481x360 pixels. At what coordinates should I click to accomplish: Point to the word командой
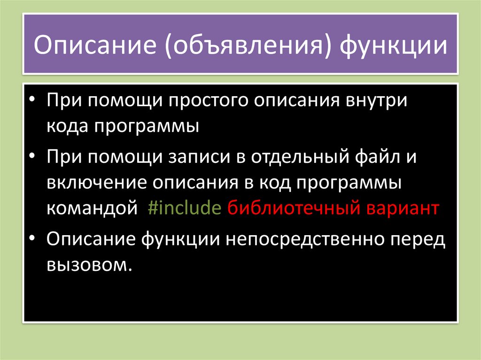coord(92,208)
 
